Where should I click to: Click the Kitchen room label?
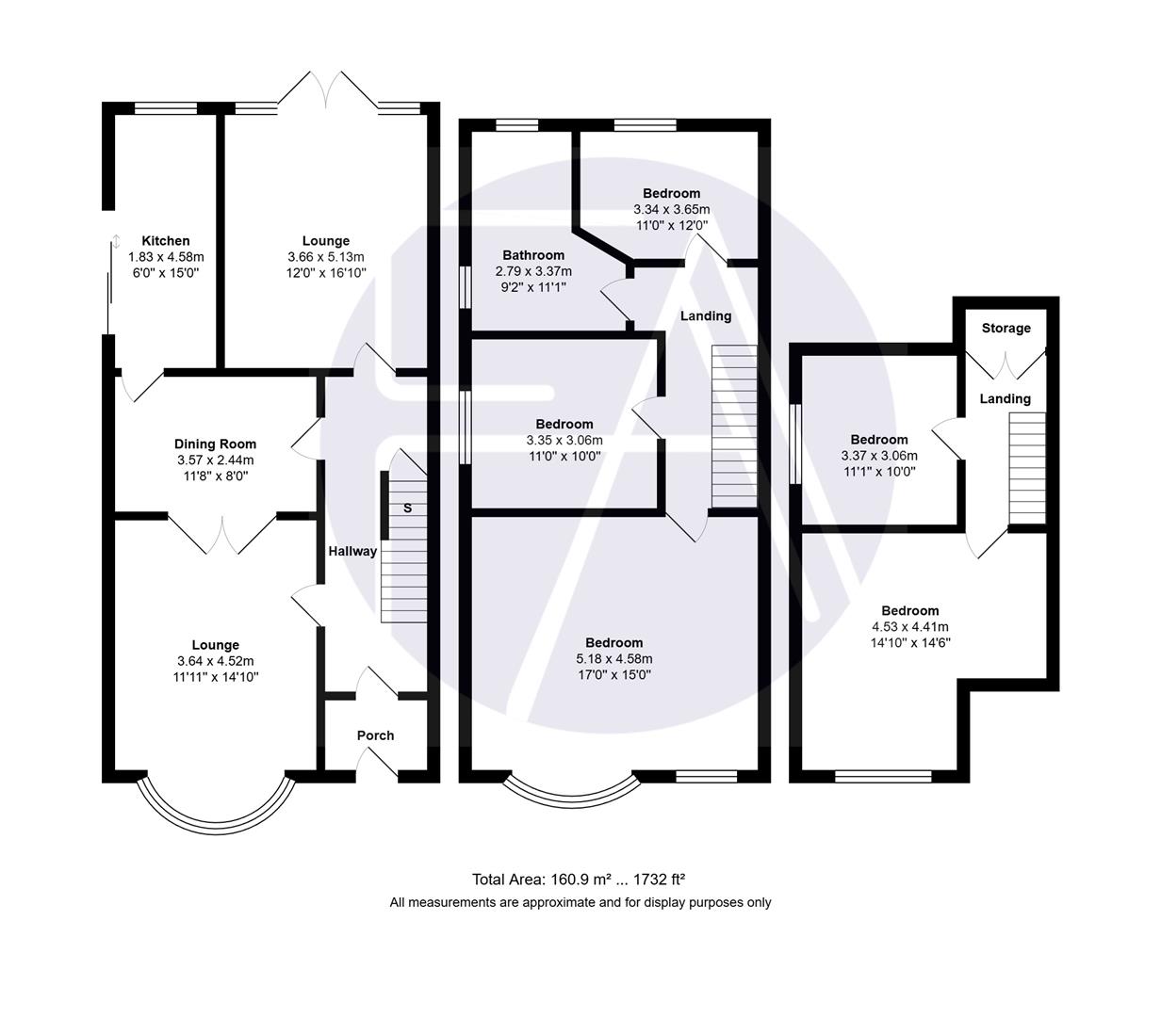click(165, 241)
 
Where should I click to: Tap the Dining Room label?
click(215, 444)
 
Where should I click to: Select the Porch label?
click(375, 735)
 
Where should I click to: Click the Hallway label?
click(352, 551)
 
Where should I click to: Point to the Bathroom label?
click(533, 255)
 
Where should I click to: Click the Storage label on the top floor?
click(1006, 329)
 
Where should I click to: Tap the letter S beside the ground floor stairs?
click(407, 508)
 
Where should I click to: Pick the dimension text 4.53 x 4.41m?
click(910, 627)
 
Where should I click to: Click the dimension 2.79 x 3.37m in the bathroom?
click(533, 271)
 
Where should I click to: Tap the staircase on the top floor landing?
click(1027, 469)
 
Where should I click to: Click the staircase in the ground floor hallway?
click(405, 556)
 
